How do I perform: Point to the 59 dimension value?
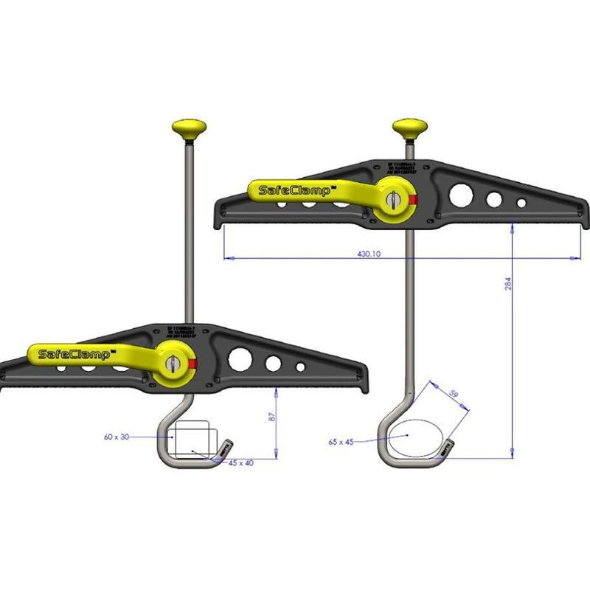[454, 396]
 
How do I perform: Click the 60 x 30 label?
[117, 437]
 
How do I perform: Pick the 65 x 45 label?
[341, 442]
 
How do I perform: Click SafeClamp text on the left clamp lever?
[74, 355]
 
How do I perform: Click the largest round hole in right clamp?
[462, 195]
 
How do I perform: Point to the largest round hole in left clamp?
[240, 360]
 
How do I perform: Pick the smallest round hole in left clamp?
[300, 367]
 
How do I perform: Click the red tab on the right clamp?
[413, 199]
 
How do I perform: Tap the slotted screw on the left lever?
[171, 364]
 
